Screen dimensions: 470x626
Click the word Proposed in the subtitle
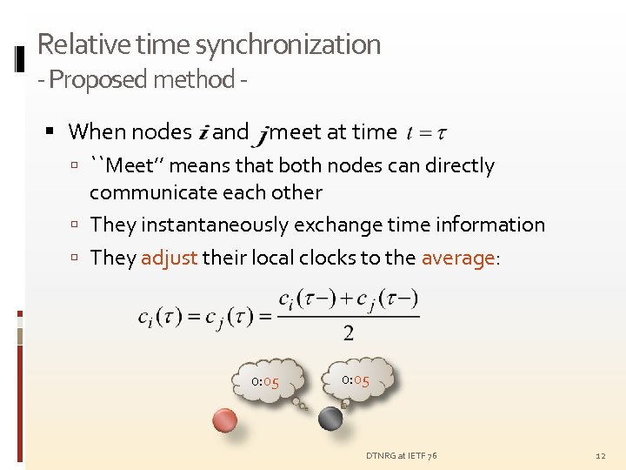[97, 79]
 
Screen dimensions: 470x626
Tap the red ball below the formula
[225, 420]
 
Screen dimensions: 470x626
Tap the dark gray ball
[330, 419]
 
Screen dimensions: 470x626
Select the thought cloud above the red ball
[270, 381]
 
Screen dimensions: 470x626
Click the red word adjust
[169, 258]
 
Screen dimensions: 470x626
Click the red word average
[456, 258]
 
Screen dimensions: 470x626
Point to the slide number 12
[600, 456]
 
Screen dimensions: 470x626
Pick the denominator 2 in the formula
[348, 332]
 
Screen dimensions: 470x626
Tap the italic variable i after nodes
[203, 133]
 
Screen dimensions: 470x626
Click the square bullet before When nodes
[50, 132]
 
